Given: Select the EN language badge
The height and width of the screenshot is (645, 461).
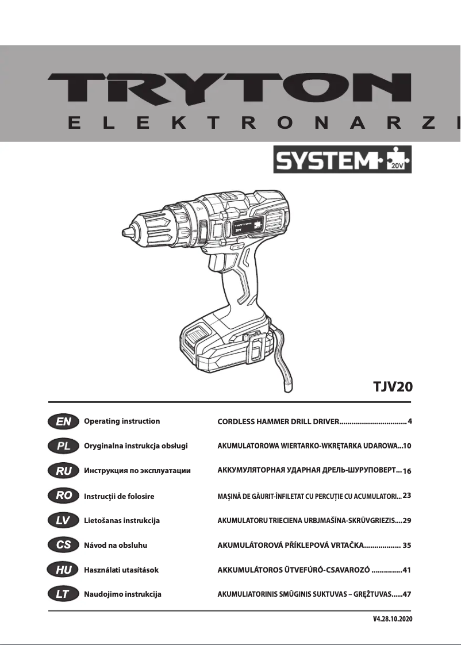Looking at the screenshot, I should click(63, 421).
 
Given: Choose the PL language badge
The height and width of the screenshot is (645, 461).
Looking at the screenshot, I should click(63, 446).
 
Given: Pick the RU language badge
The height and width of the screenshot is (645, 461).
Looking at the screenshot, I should click(63, 471).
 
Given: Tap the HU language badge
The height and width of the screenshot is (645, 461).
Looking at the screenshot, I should click(63, 570).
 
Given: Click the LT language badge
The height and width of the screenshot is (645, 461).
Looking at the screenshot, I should click(63, 594).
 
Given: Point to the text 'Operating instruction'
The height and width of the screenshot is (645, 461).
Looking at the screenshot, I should click(122, 421).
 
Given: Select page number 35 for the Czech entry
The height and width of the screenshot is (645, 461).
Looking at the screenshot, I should click(407, 545).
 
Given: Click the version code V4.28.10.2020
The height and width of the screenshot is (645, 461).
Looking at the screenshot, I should click(393, 619).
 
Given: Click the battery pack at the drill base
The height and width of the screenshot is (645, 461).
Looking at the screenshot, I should click(224, 345).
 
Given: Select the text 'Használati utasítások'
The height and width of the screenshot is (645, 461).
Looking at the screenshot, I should click(121, 570).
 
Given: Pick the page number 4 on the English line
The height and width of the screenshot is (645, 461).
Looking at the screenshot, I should click(410, 421).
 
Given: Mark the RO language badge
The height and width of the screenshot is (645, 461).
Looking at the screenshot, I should click(63, 496).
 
